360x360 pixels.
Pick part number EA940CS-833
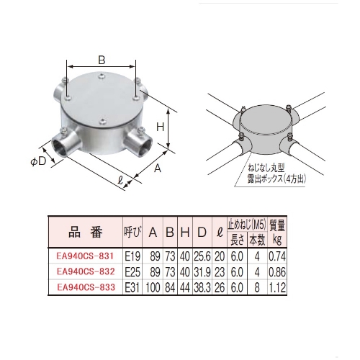click(x=85, y=287)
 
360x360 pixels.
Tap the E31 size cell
click(x=132, y=287)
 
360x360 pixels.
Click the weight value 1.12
click(x=278, y=287)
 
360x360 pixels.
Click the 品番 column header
click(x=85, y=233)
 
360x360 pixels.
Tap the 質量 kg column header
click(x=278, y=231)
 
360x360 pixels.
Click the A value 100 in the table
click(x=153, y=287)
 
